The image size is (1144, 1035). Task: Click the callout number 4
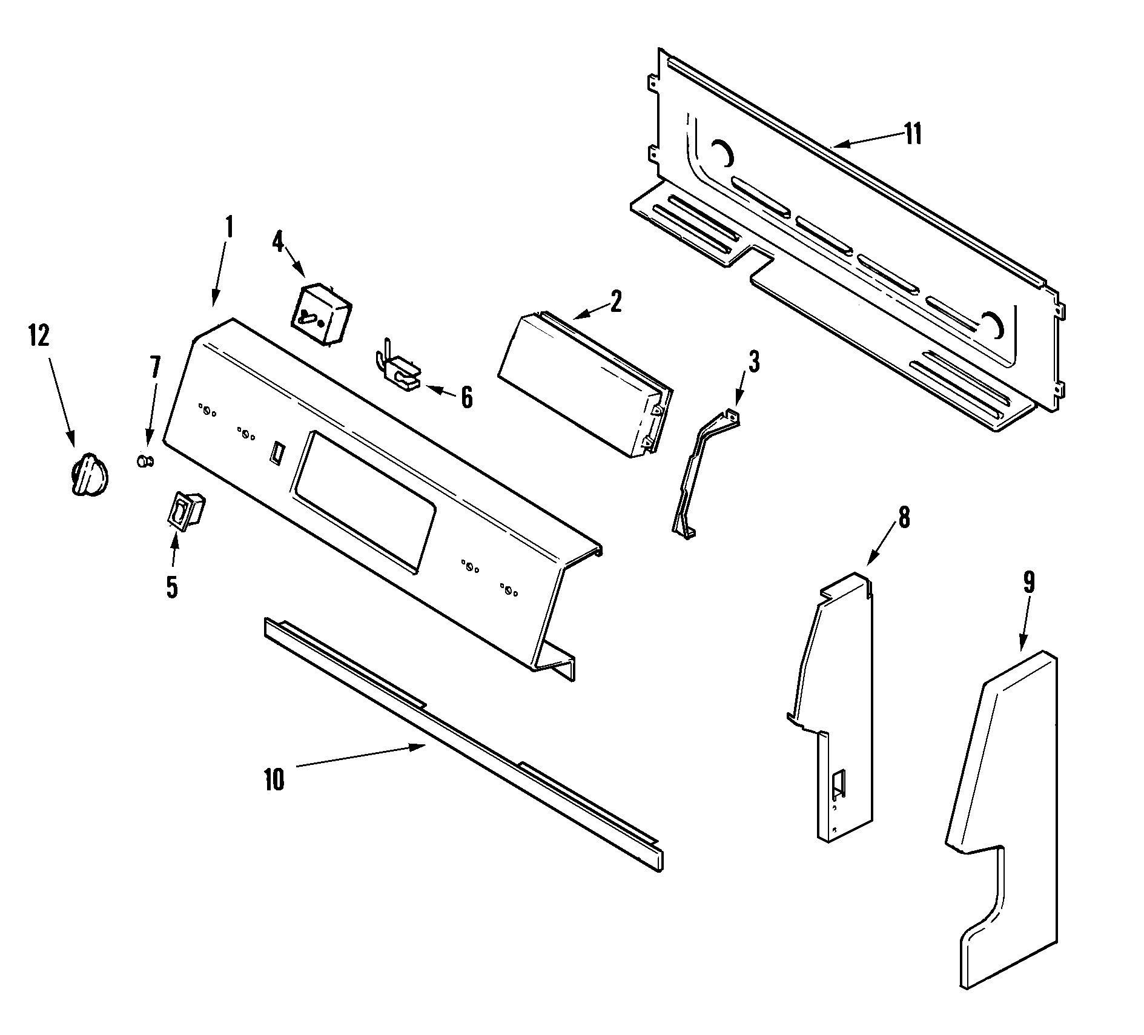pyautogui.click(x=277, y=242)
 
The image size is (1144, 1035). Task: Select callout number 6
pyautogui.click(x=466, y=398)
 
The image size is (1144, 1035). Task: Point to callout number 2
pyautogui.click(x=615, y=301)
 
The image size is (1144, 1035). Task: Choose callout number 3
pyautogui.click(x=753, y=362)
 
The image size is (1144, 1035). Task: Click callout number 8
pyautogui.click(x=904, y=518)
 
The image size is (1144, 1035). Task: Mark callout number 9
pyautogui.click(x=1029, y=582)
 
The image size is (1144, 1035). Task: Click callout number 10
pyautogui.click(x=274, y=779)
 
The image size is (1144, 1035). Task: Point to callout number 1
pyautogui.click(x=229, y=227)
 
